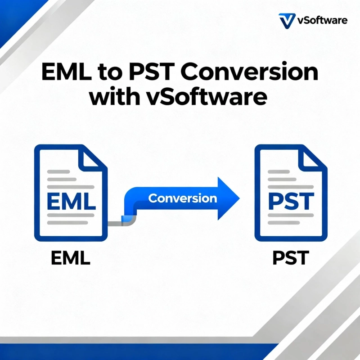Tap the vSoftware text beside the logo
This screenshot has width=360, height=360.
click(x=322, y=21)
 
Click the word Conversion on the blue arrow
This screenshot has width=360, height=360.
click(x=182, y=198)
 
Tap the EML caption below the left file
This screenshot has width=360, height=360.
click(x=71, y=257)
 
